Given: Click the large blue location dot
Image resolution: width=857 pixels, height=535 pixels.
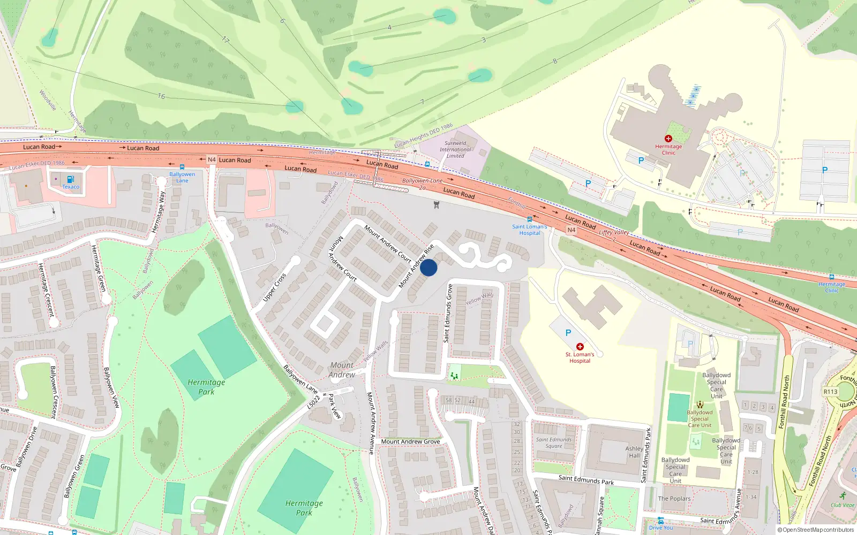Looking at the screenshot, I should pos(428,267).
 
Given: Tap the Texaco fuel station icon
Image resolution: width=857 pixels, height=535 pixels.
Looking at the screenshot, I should pos(70,179).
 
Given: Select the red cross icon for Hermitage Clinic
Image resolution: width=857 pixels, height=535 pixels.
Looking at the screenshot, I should pos(668,139).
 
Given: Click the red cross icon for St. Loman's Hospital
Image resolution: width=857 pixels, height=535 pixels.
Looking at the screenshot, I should pos(580,347).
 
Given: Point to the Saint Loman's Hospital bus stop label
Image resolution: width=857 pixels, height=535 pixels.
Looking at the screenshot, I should pos(529,230).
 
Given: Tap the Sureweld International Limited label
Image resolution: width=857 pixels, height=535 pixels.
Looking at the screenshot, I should pos(455,150).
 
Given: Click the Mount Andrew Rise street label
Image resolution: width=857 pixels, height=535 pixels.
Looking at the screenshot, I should pos(416,266).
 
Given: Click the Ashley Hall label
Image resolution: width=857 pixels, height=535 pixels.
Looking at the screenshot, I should pos(634,452).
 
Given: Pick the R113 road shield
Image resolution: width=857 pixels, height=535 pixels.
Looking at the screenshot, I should pos(830,392).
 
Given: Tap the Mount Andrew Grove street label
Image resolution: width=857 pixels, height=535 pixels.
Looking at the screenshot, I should pos(410,441).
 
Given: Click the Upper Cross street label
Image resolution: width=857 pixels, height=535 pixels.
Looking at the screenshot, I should pos(274,287).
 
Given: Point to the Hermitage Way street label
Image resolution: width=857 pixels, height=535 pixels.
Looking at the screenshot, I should pos(158,212).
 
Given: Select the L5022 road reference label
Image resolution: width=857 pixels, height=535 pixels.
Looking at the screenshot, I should pos(313,403).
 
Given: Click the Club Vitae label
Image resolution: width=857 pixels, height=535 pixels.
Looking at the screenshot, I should pos(843,505).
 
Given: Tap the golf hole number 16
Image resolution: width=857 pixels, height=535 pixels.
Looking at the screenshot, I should pos(161,96).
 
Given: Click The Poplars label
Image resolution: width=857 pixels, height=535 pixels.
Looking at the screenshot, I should pos(674,499).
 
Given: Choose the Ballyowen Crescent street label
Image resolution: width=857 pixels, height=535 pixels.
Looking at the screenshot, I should pos(53,392).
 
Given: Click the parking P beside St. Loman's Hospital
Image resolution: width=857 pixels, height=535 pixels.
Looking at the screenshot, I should pos(568,333).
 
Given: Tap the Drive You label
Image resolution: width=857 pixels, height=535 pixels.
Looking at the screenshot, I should pos(661,528).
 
